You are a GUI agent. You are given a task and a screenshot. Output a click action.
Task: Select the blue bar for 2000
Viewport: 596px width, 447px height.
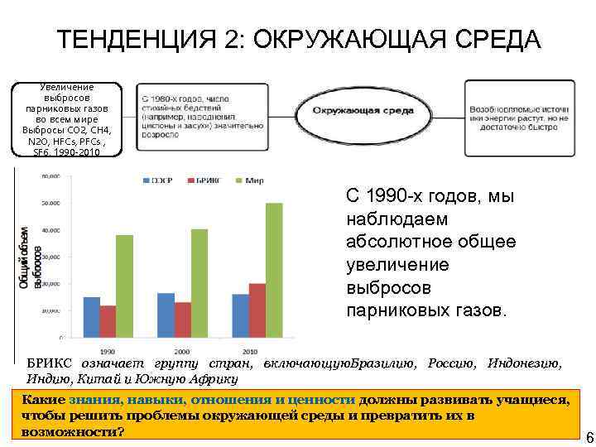coord(166,315)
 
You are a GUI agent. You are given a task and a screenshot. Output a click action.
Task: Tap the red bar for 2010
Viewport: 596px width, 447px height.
coord(257,310)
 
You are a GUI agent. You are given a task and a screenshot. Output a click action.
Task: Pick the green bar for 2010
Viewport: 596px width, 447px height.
coord(274,270)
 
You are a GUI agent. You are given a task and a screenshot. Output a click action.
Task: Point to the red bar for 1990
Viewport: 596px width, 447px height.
coord(108,321)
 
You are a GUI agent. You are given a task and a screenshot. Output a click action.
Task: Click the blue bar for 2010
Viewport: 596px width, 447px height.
coord(241,315)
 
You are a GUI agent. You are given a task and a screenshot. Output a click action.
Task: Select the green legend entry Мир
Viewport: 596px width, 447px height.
coord(252,180)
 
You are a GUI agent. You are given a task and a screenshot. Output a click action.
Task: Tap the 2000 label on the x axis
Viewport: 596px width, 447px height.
coord(182,349)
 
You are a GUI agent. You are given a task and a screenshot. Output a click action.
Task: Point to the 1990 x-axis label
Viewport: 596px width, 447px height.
coord(108,349)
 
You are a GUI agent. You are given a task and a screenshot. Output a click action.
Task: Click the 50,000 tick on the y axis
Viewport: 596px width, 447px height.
coord(50,204)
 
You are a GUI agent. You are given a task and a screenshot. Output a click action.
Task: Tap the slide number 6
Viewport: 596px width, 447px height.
coord(589,437)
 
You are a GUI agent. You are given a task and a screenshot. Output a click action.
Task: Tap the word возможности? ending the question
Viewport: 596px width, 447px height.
coord(69,432)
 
